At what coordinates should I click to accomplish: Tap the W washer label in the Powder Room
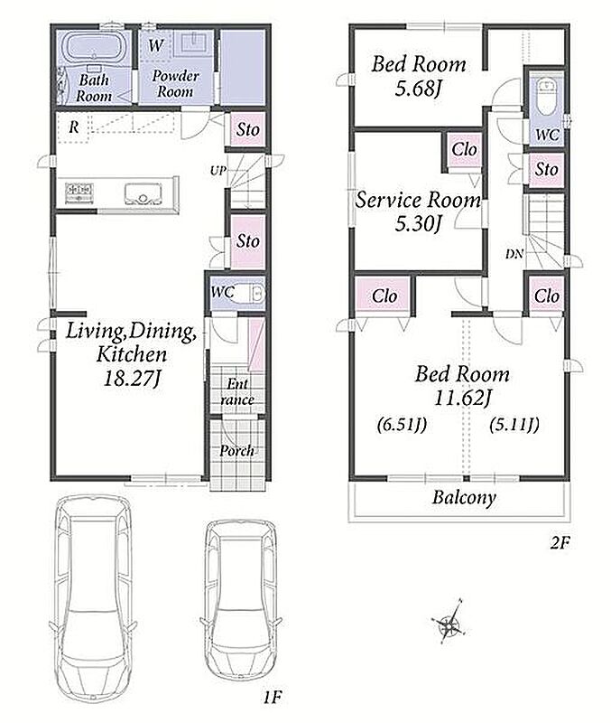click(156, 45)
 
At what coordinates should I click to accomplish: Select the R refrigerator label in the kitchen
click(74, 127)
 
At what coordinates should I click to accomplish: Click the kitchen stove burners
click(79, 192)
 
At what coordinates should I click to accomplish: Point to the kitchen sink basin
click(143, 193)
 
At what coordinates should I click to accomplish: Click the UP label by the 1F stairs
click(218, 171)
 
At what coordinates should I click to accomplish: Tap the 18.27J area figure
click(132, 379)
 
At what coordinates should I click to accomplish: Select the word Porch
click(236, 450)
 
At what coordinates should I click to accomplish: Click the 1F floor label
click(273, 697)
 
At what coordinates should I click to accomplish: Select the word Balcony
click(464, 498)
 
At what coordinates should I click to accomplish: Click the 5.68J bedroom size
click(418, 88)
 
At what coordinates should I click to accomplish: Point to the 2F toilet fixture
click(547, 98)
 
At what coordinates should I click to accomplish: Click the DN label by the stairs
click(514, 254)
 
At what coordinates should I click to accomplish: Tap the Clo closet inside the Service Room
click(464, 150)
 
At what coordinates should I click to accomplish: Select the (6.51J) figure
click(402, 424)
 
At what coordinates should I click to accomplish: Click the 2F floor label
click(560, 543)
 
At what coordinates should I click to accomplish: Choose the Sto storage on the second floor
click(547, 169)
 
